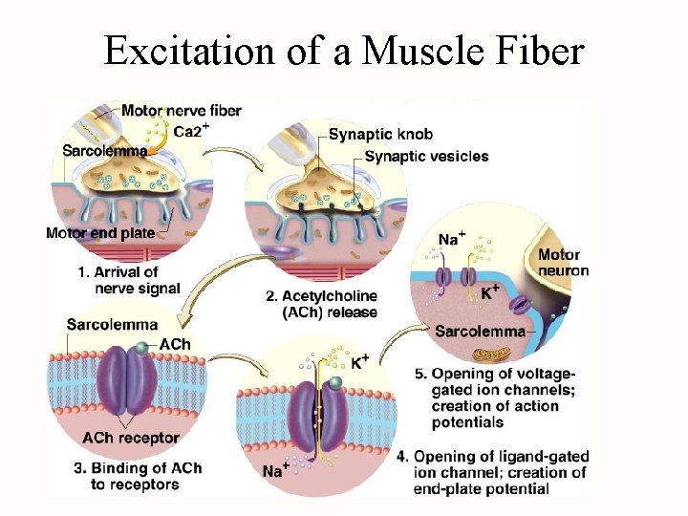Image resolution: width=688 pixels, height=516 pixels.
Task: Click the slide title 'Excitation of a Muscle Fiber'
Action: click(343, 50)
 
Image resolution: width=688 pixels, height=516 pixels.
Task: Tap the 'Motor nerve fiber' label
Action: click(182, 110)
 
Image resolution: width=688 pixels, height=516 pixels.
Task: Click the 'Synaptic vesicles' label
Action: click(426, 156)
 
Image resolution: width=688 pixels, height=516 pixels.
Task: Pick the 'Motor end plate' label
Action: click(99, 233)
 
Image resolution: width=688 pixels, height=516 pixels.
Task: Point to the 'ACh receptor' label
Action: click(130, 438)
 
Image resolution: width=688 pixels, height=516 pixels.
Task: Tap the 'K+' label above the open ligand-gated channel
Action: click(359, 362)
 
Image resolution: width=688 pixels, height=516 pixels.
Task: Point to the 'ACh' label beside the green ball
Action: click(174, 344)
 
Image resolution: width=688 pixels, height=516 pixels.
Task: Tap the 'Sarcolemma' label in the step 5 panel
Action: click(479, 332)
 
